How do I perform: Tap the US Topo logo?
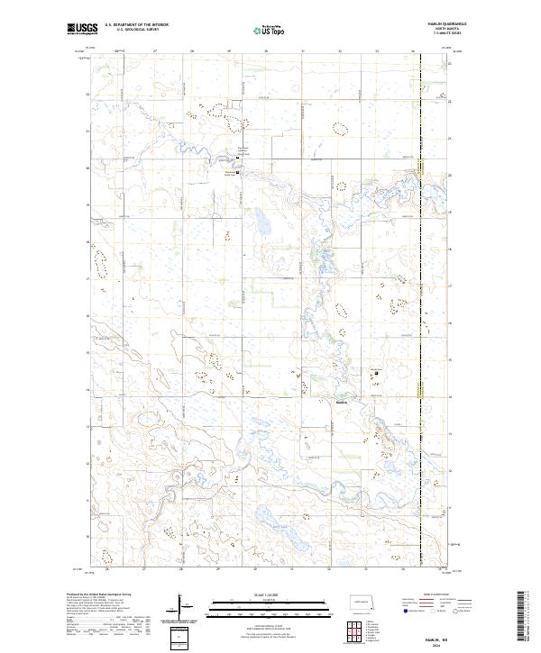tap(259, 29)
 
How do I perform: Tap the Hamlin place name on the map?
tap(343, 402)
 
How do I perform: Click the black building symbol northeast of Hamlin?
tap(376, 373)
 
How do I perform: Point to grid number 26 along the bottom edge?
tap(107, 569)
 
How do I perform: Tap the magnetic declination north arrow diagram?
tap(179, 606)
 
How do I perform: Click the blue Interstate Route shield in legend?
tap(401, 612)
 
